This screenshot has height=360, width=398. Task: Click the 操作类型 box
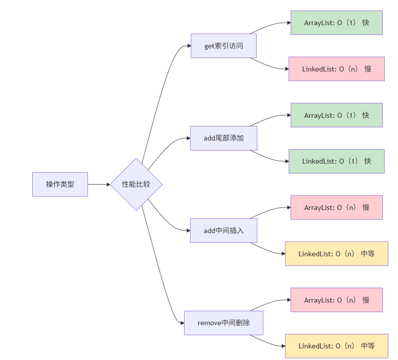60,184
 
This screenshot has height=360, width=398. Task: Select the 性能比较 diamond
136,184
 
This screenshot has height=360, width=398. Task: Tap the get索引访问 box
223,46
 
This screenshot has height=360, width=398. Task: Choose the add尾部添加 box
223,138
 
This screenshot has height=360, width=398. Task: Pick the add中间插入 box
223,231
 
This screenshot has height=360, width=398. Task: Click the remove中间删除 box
223,323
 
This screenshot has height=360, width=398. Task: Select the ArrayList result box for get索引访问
336,23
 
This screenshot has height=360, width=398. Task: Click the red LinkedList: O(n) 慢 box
336,69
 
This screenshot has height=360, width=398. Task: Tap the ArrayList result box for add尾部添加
336,115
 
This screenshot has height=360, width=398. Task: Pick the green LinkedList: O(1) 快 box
336,161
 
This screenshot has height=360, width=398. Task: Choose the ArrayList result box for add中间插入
336,207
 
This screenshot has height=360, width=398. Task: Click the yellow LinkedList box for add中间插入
336,254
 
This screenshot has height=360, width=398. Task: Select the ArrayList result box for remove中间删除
336,300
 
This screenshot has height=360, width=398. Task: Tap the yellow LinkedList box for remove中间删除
336,346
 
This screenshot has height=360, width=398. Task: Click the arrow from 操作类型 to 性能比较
99,184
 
